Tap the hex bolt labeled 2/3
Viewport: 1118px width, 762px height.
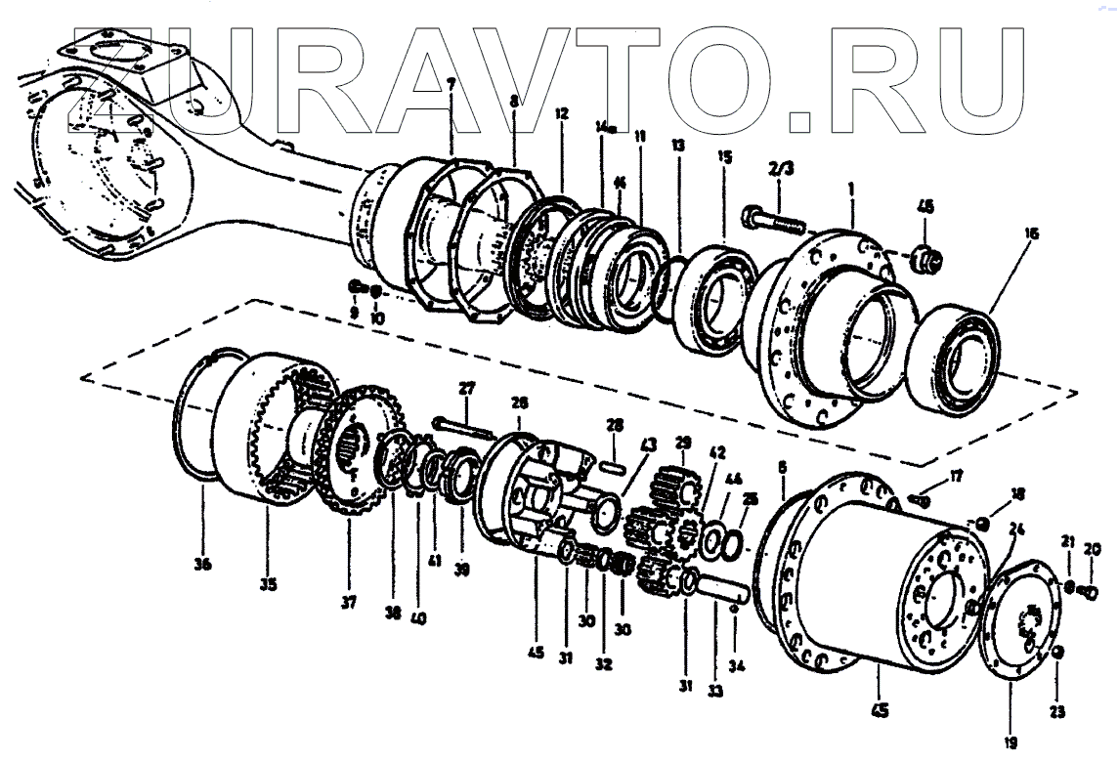[772, 221]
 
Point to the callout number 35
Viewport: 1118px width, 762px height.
[268, 584]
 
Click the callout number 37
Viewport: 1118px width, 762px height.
[349, 603]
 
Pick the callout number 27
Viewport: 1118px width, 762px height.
[466, 388]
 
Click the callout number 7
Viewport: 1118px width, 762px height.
[451, 85]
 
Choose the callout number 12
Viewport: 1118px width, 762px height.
[561, 113]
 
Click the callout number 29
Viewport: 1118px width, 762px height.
[682, 443]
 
